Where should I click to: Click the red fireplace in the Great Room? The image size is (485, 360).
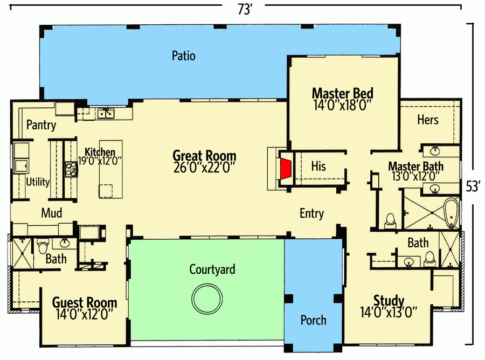[285, 168]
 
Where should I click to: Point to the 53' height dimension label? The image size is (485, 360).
[473, 186]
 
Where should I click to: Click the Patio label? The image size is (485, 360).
[183, 56]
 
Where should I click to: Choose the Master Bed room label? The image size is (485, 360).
[342, 93]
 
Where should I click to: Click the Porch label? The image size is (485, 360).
[313, 320]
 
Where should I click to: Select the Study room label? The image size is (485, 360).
[389, 300]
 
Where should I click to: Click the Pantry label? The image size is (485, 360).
[41, 126]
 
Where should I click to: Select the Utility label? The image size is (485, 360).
[38, 182]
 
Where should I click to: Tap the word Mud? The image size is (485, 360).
[52, 213]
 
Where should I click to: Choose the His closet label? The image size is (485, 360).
[318, 167]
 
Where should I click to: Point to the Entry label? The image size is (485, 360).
[311, 213]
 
